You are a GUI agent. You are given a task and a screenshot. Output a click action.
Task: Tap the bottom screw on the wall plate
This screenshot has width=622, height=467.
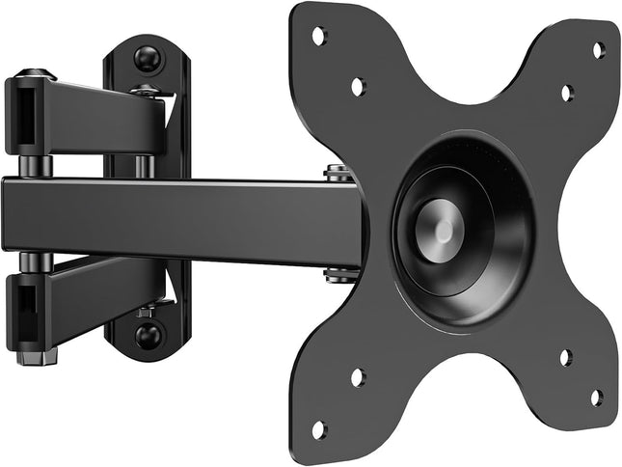pos(148,335)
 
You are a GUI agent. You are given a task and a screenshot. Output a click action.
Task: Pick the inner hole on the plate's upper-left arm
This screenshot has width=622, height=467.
pos(358,86)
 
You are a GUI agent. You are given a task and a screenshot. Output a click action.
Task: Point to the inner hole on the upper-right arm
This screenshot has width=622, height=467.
pos(567,94)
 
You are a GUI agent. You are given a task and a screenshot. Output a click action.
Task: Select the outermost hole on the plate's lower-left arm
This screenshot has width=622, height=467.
pos(318,428)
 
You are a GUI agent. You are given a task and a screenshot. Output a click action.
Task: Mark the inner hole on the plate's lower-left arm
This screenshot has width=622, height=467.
pos(357,377)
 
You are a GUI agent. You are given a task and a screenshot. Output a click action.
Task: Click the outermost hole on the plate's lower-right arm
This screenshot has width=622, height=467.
pos(597,396)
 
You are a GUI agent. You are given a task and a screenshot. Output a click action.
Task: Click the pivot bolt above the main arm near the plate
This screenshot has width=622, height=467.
pos(337,174)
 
